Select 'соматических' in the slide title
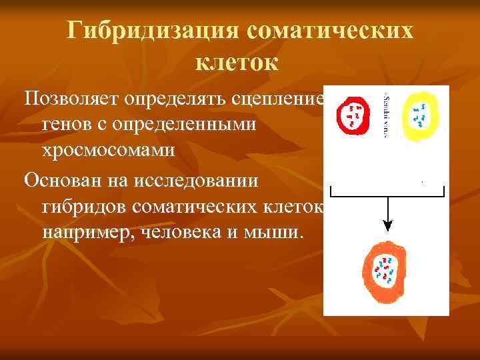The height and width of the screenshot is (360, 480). click(329, 31)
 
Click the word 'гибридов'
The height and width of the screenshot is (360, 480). click(84, 207)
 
